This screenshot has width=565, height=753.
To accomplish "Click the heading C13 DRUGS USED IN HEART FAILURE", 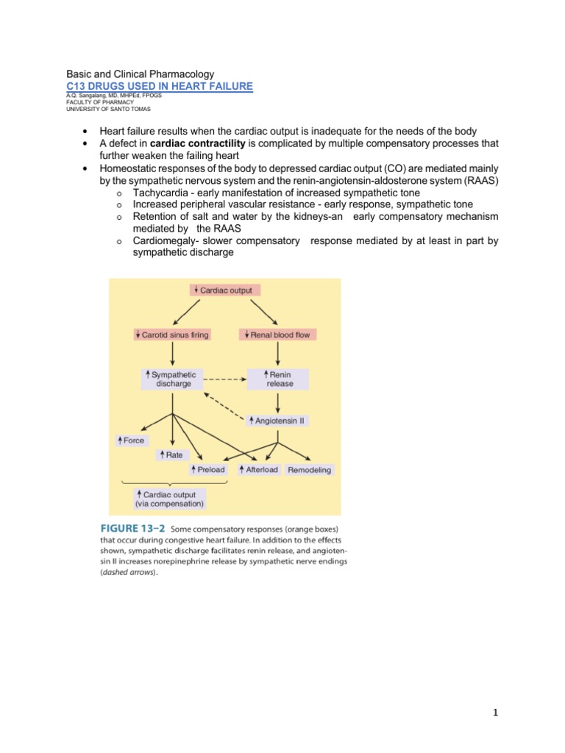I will click(x=160, y=87).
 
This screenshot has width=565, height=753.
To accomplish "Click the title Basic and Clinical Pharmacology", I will click(x=141, y=74).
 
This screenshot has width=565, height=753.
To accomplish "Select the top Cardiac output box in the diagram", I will click(x=224, y=290).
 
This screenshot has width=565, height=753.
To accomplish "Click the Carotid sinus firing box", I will click(x=172, y=335).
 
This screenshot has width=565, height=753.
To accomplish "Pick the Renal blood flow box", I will click(x=278, y=335).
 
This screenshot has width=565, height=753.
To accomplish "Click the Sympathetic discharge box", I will click(x=171, y=379).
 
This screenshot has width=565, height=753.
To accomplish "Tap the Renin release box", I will click(x=278, y=379).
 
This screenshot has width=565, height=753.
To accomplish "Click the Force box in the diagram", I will click(x=131, y=440).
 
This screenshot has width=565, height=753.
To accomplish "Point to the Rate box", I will click(x=171, y=455).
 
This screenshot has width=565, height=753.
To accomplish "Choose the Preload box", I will click(x=208, y=469).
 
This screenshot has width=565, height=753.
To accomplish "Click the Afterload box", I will click(x=258, y=469).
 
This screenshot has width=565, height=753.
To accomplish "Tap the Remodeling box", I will click(x=309, y=469).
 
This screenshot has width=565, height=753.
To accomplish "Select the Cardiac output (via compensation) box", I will click(x=170, y=499).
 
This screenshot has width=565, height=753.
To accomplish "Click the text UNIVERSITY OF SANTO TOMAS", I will click(x=108, y=109).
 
